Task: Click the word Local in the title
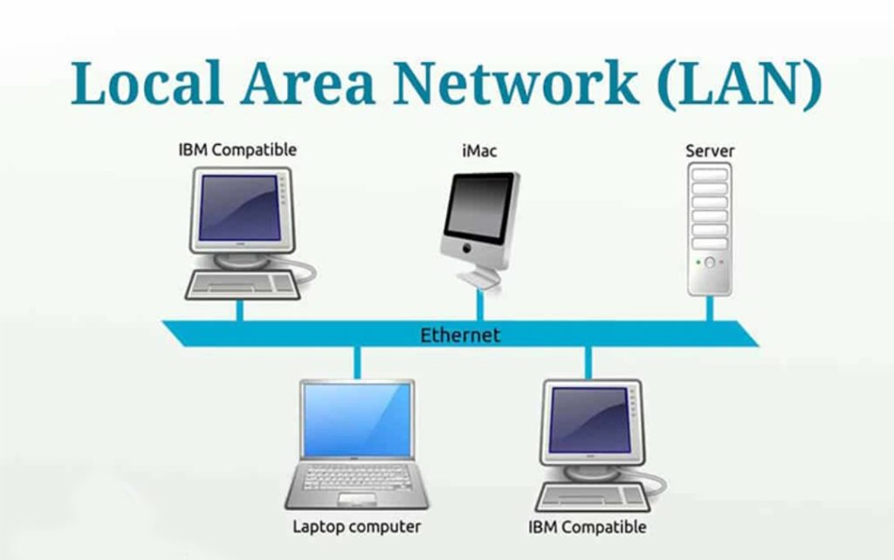(146, 82)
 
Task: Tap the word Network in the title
(515, 82)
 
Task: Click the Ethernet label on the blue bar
(460, 335)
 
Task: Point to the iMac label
(479, 151)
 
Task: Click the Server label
(710, 151)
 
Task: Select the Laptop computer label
(357, 526)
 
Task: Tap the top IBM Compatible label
(237, 150)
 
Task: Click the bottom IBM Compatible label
(588, 527)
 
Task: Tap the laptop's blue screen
(357, 419)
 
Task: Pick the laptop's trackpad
(357, 500)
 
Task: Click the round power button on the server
(710, 263)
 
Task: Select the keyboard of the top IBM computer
(243, 285)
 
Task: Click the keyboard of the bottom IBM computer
(593, 497)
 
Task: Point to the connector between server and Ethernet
(710, 308)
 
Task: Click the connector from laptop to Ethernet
(357, 363)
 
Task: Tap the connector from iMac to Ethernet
(480, 306)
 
